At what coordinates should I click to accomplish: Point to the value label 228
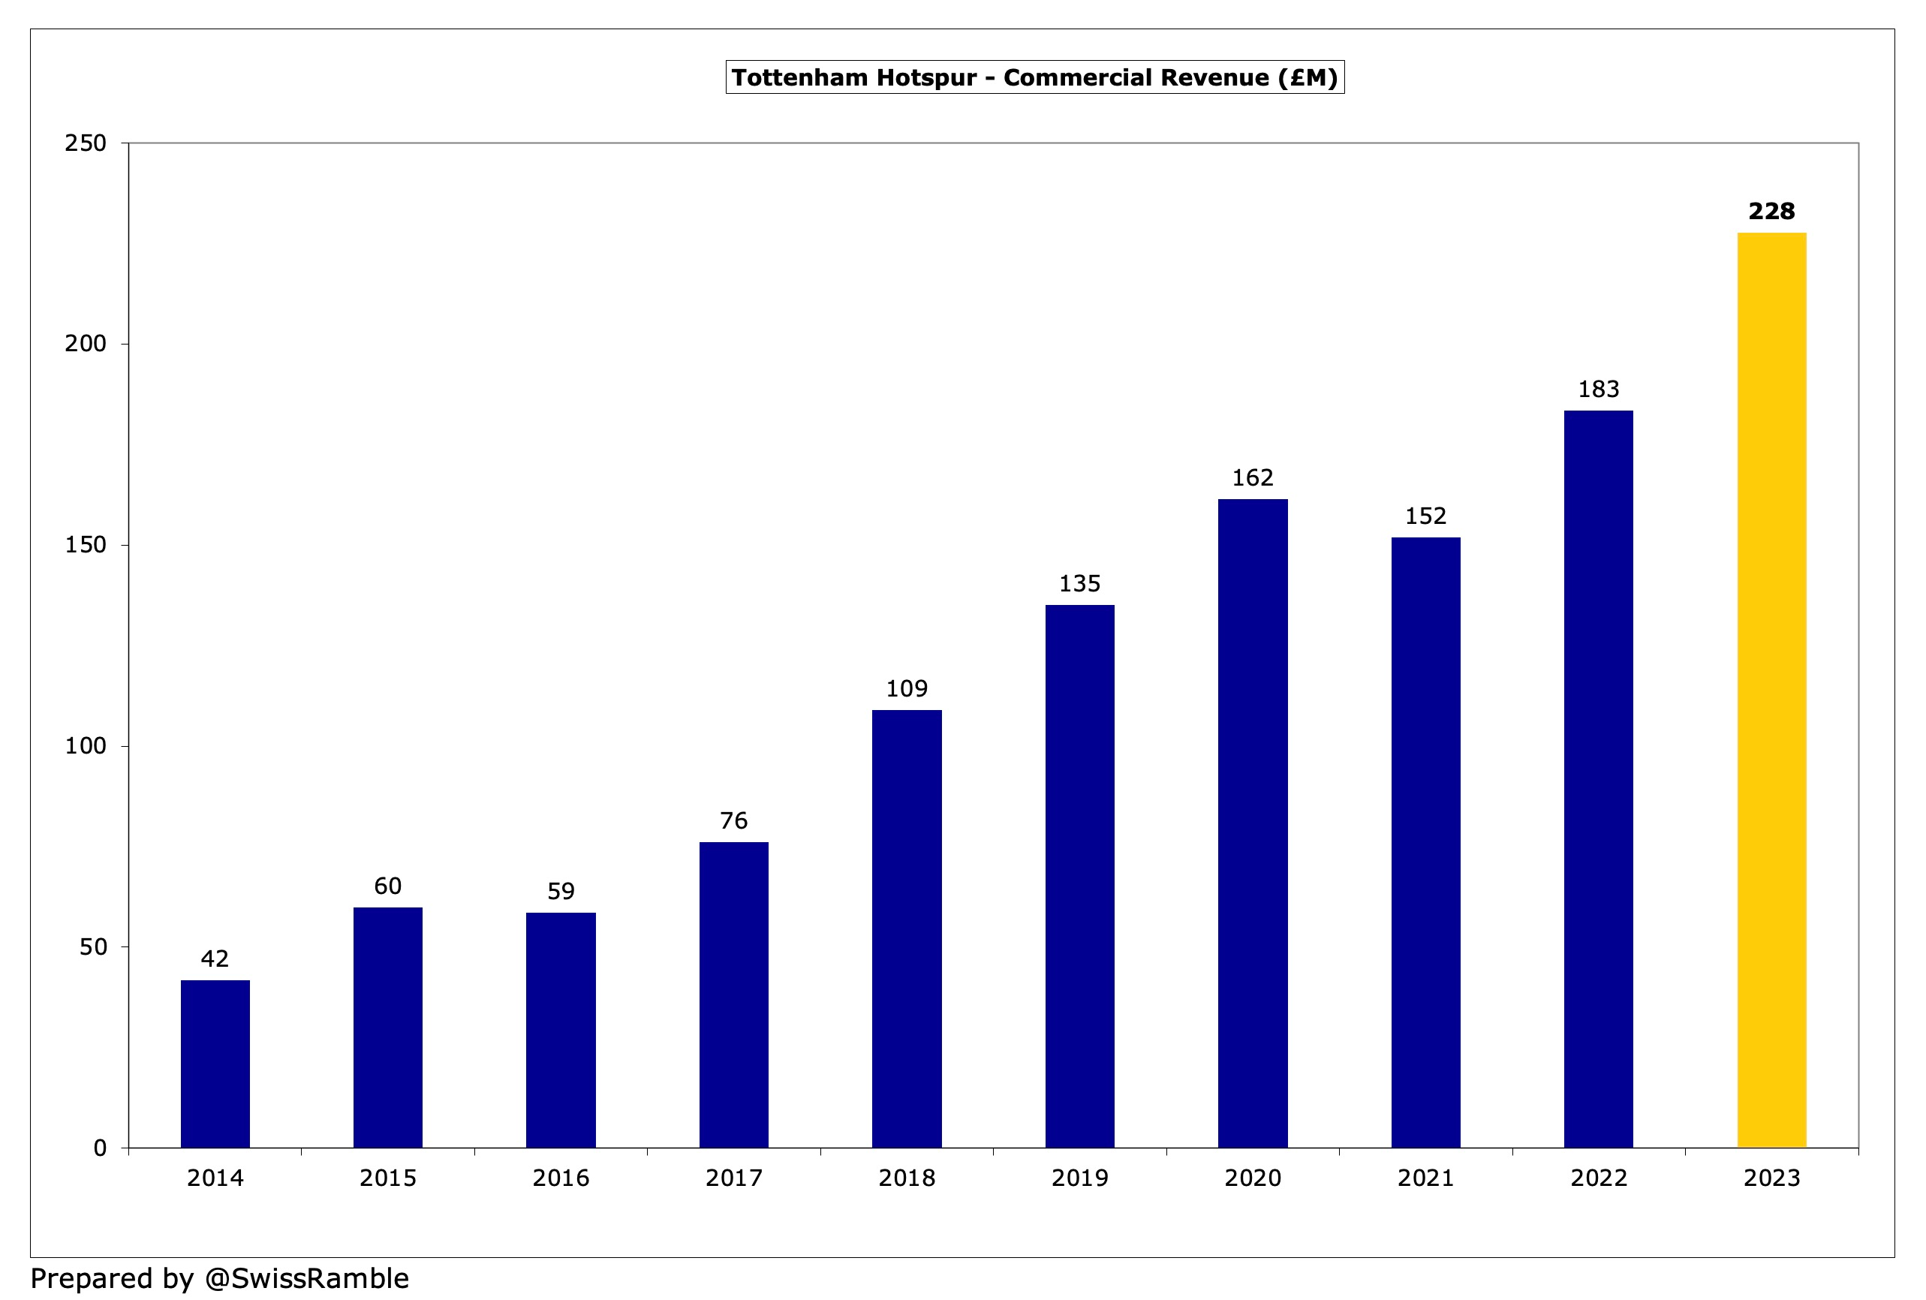1771,211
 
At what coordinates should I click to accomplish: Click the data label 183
1598,389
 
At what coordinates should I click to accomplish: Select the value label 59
560,891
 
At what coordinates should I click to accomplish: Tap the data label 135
1079,583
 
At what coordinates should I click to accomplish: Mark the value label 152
1425,516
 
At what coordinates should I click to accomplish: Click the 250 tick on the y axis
86,143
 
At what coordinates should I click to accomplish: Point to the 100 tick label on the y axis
86,745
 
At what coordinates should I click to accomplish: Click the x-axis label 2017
733,1178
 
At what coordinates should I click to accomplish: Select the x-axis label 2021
1425,1178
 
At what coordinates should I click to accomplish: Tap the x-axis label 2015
387,1178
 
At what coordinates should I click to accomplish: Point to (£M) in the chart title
1307,78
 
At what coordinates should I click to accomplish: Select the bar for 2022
1598,779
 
